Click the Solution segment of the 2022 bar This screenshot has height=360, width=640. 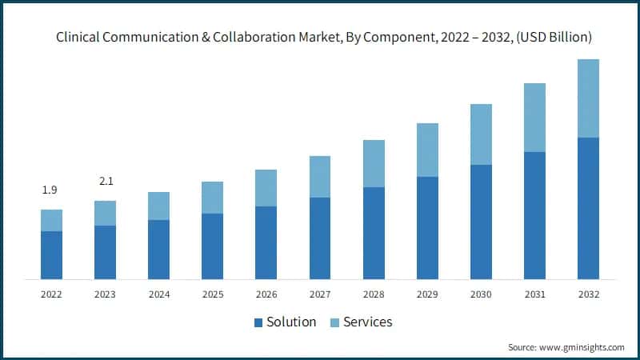[x=51, y=254]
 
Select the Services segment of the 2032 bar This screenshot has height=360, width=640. [x=588, y=98]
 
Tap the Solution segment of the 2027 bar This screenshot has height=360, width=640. [x=320, y=238]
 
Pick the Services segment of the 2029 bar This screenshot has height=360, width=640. [x=427, y=150]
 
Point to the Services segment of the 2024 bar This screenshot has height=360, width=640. [x=158, y=206]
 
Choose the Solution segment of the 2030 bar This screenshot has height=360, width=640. [x=481, y=222]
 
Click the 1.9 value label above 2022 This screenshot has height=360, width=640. [x=50, y=190]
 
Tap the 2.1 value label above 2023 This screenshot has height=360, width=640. [x=106, y=182]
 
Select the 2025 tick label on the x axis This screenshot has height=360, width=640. [x=212, y=294]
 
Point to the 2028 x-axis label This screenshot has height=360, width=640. [x=374, y=294]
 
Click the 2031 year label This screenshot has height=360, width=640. [x=534, y=294]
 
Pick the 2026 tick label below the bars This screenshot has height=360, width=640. [x=266, y=294]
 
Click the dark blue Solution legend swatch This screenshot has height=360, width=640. [x=258, y=322]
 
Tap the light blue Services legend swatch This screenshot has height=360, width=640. [x=336, y=322]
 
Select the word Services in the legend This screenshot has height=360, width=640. [x=367, y=322]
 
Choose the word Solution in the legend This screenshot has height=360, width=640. [x=292, y=322]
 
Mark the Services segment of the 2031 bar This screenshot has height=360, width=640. [x=534, y=118]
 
